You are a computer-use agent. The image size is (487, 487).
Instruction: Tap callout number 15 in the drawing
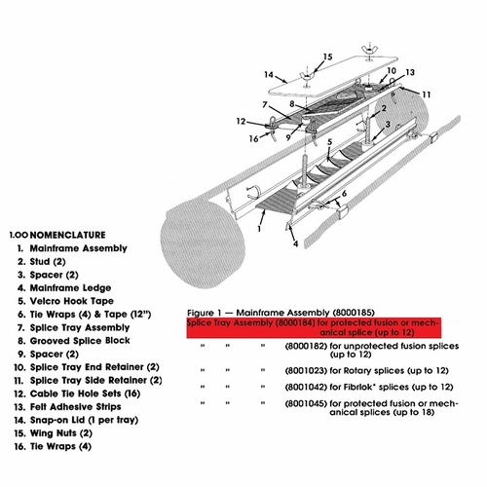[x=326, y=57]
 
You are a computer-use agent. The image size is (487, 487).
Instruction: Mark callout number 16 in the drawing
[x=254, y=139]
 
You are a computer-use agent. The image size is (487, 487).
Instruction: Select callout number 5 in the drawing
[x=329, y=141]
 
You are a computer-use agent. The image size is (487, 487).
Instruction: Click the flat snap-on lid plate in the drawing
[x=321, y=83]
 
